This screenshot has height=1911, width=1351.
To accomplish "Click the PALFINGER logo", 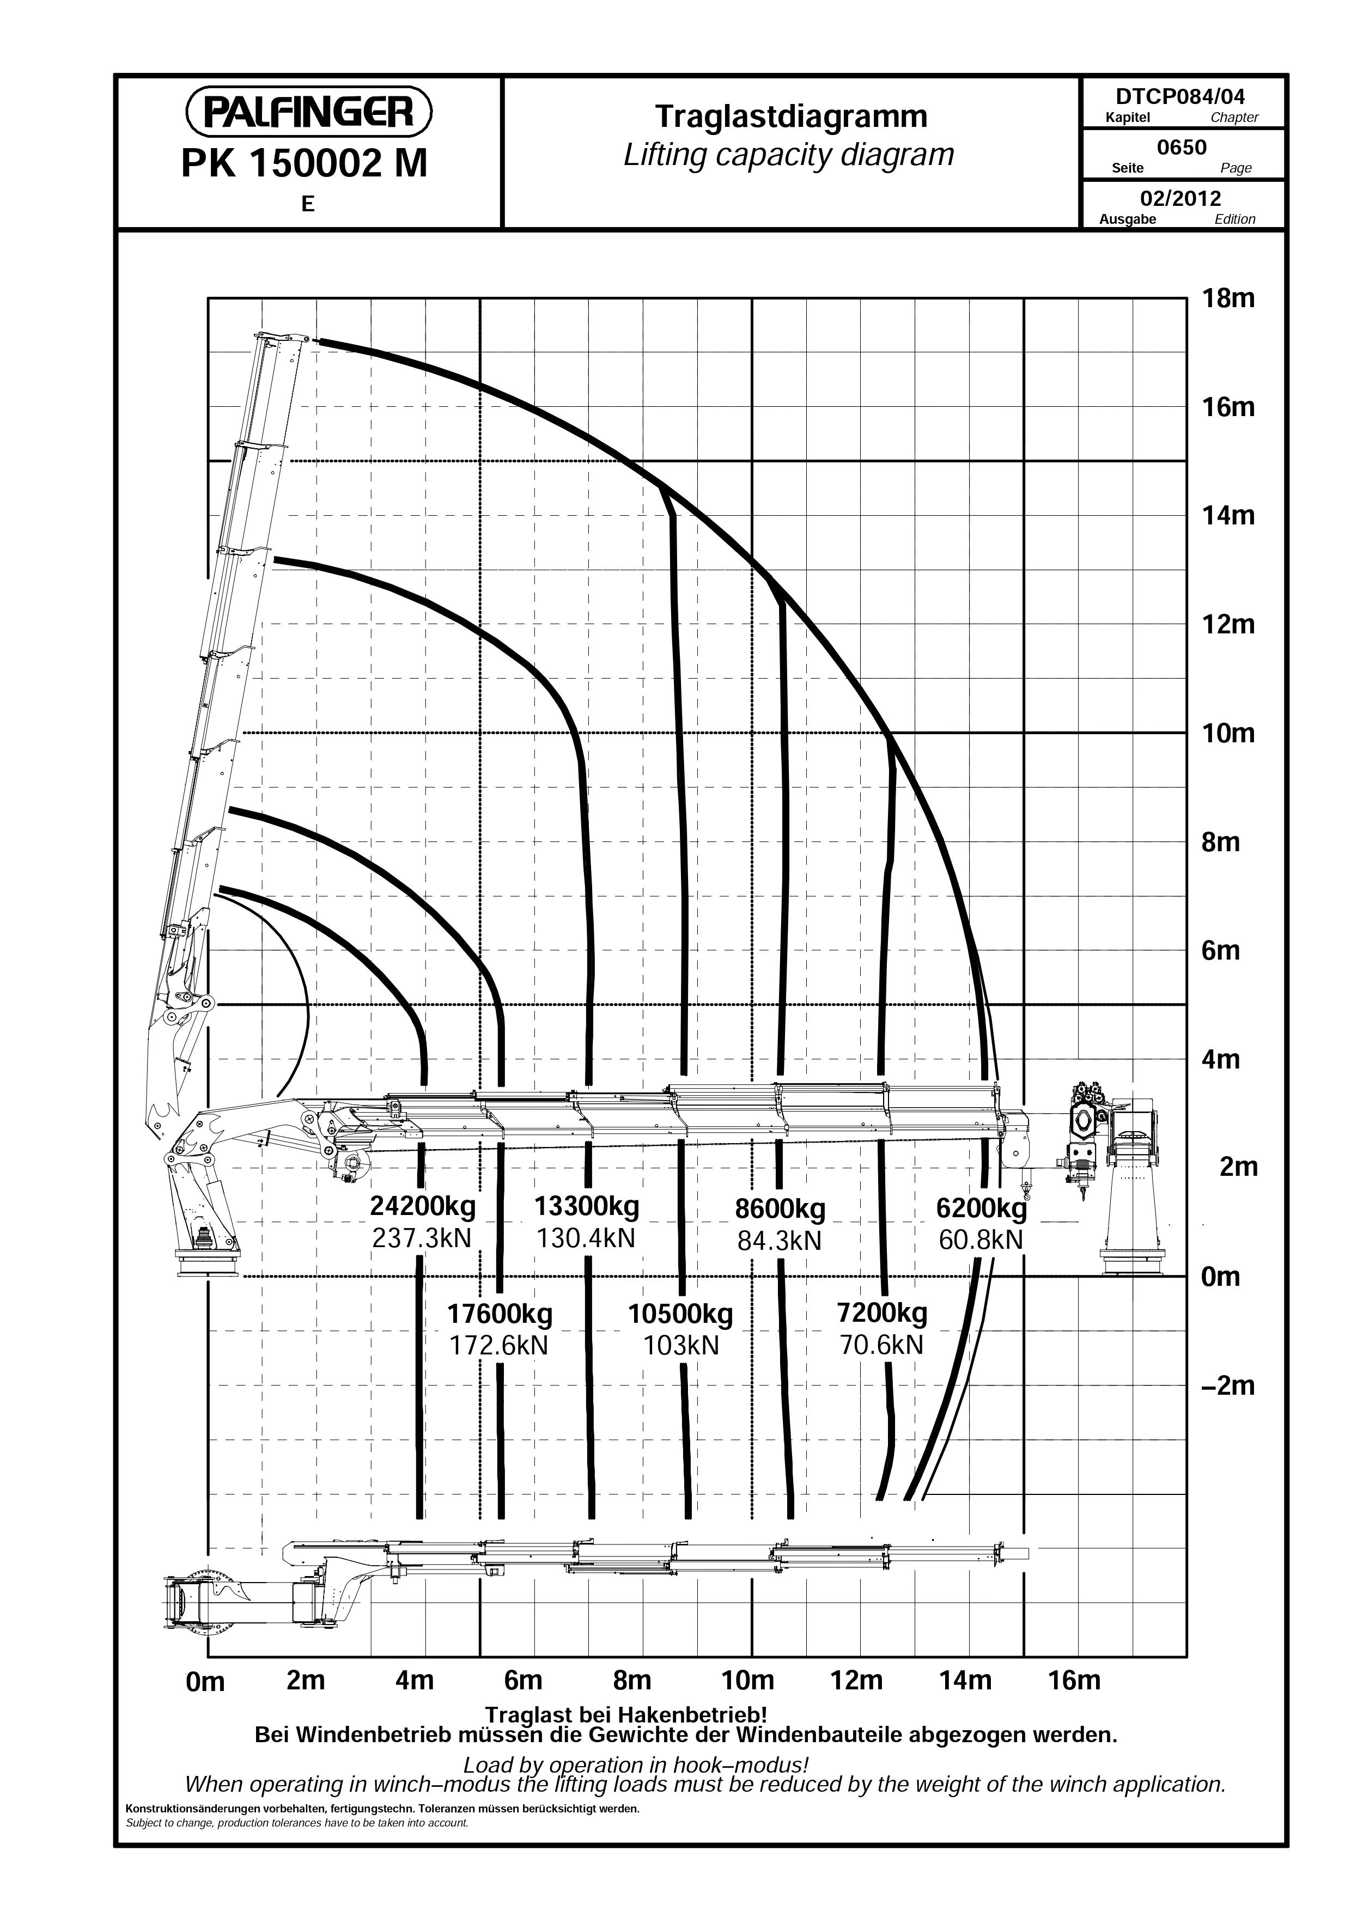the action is [x=308, y=112].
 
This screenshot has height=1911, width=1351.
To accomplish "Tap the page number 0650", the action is [x=1182, y=148].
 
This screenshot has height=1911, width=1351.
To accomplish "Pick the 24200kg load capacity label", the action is [x=422, y=1206].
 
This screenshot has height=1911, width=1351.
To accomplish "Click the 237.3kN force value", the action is [x=422, y=1238].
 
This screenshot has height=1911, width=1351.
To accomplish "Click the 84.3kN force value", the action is [x=779, y=1241].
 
